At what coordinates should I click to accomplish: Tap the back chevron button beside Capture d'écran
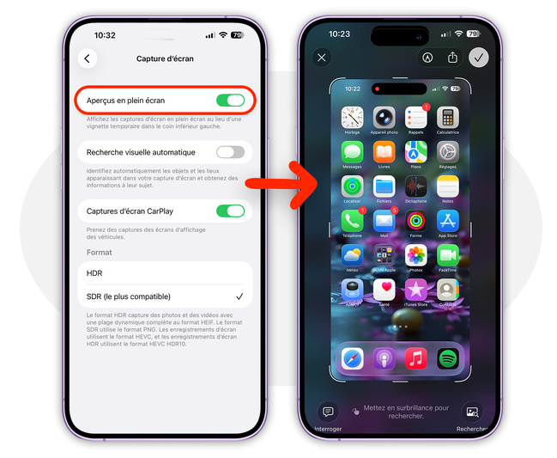point(87,58)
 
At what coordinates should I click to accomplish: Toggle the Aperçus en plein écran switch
point(229,101)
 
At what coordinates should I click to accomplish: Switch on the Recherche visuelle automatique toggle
point(229,152)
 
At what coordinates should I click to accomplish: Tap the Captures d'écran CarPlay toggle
point(229,211)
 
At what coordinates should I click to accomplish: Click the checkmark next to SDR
point(239,296)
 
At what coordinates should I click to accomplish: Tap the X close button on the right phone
point(322,58)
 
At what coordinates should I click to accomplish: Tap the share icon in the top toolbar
point(452,58)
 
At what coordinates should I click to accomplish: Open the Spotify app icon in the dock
point(447,358)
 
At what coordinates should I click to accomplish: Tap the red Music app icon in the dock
point(415,358)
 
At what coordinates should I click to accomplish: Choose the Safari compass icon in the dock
point(353,358)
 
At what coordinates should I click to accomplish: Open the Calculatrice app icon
point(447,118)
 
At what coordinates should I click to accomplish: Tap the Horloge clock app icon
point(352,118)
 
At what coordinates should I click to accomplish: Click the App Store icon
point(447,221)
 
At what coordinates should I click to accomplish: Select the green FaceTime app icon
point(447,255)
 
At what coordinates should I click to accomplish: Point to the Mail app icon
point(384,221)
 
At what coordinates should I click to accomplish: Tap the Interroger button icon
point(328,412)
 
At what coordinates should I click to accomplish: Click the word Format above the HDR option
point(99,253)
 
